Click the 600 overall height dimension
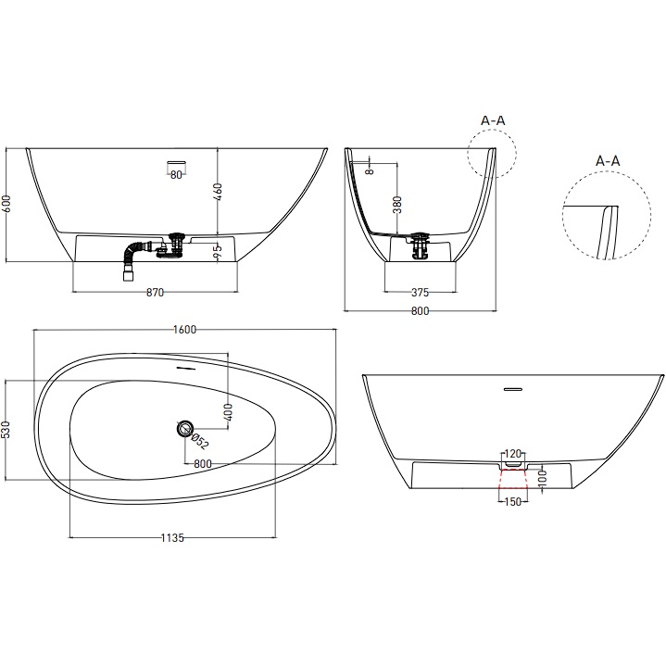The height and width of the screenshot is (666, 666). tap(7, 205)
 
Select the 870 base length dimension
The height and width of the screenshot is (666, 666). tap(155, 293)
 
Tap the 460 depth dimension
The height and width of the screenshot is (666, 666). tap(219, 192)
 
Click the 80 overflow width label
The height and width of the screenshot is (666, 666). tap(176, 176)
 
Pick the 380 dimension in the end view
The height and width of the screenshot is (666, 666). tap(397, 205)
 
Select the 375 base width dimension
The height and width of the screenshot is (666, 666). tap(420, 293)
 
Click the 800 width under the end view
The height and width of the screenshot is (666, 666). tap(420, 312)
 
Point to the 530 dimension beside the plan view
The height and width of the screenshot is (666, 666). tap(7, 431)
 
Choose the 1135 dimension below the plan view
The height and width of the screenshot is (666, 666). tap(172, 539)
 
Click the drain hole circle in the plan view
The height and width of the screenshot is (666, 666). tap(185, 428)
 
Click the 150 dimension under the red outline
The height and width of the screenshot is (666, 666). tap(512, 502)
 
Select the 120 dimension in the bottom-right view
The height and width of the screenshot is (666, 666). tap(512, 455)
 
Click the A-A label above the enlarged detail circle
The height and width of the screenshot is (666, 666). tap(607, 161)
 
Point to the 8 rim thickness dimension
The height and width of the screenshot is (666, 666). tap(368, 170)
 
